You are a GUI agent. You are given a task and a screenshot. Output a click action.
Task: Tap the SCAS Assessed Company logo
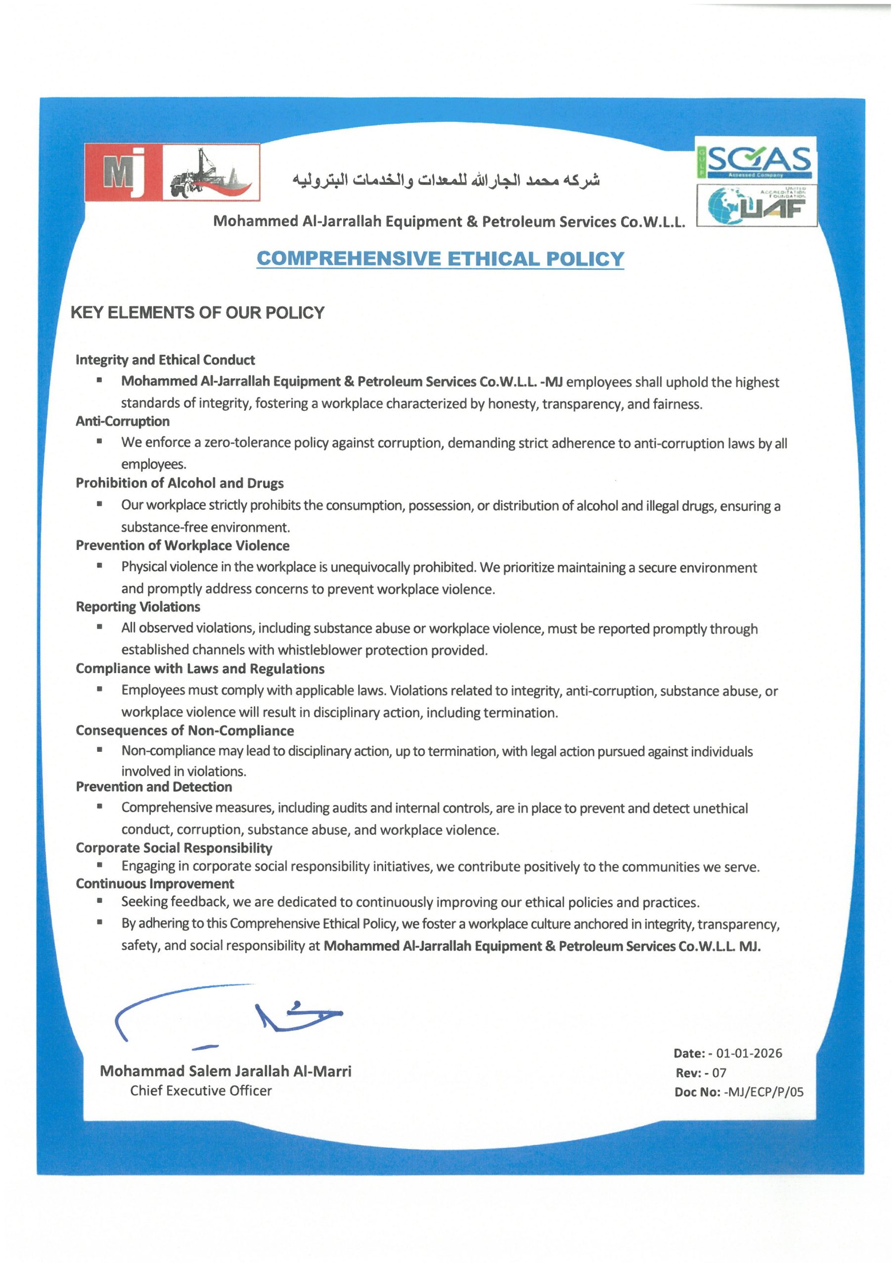click(756, 158)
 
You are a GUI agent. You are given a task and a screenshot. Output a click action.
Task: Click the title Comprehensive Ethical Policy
click(440, 259)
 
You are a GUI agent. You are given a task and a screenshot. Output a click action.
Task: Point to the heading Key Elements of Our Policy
click(197, 313)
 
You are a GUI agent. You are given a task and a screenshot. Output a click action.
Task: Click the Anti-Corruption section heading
click(123, 422)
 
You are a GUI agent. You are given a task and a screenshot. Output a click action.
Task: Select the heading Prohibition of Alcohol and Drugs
click(179, 484)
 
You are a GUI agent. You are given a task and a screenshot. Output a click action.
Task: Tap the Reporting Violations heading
click(138, 607)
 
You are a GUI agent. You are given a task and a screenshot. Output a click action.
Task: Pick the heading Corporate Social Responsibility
click(174, 848)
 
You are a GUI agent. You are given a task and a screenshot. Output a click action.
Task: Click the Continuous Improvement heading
click(154, 884)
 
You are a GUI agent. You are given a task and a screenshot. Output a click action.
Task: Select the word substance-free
click(164, 528)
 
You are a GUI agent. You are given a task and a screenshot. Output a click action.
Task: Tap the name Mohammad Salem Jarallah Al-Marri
click(225, 1072)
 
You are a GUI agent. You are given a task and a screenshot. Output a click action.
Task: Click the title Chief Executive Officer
click(201, 1091)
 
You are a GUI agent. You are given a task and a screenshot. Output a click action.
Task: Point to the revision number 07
click(719, 1073)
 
